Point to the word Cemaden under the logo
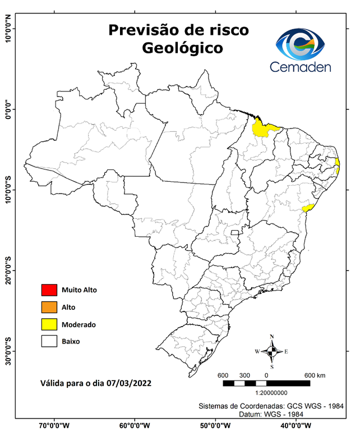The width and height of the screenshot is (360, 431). click(x=300, y=67)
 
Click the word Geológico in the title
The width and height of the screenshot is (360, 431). click(x=182, y=48)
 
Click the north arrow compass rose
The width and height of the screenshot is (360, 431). click(x=271, y=351)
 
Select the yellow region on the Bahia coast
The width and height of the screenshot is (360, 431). click(x=307, y=208)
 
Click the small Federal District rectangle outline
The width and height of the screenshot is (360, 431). click(x=235, y=231)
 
